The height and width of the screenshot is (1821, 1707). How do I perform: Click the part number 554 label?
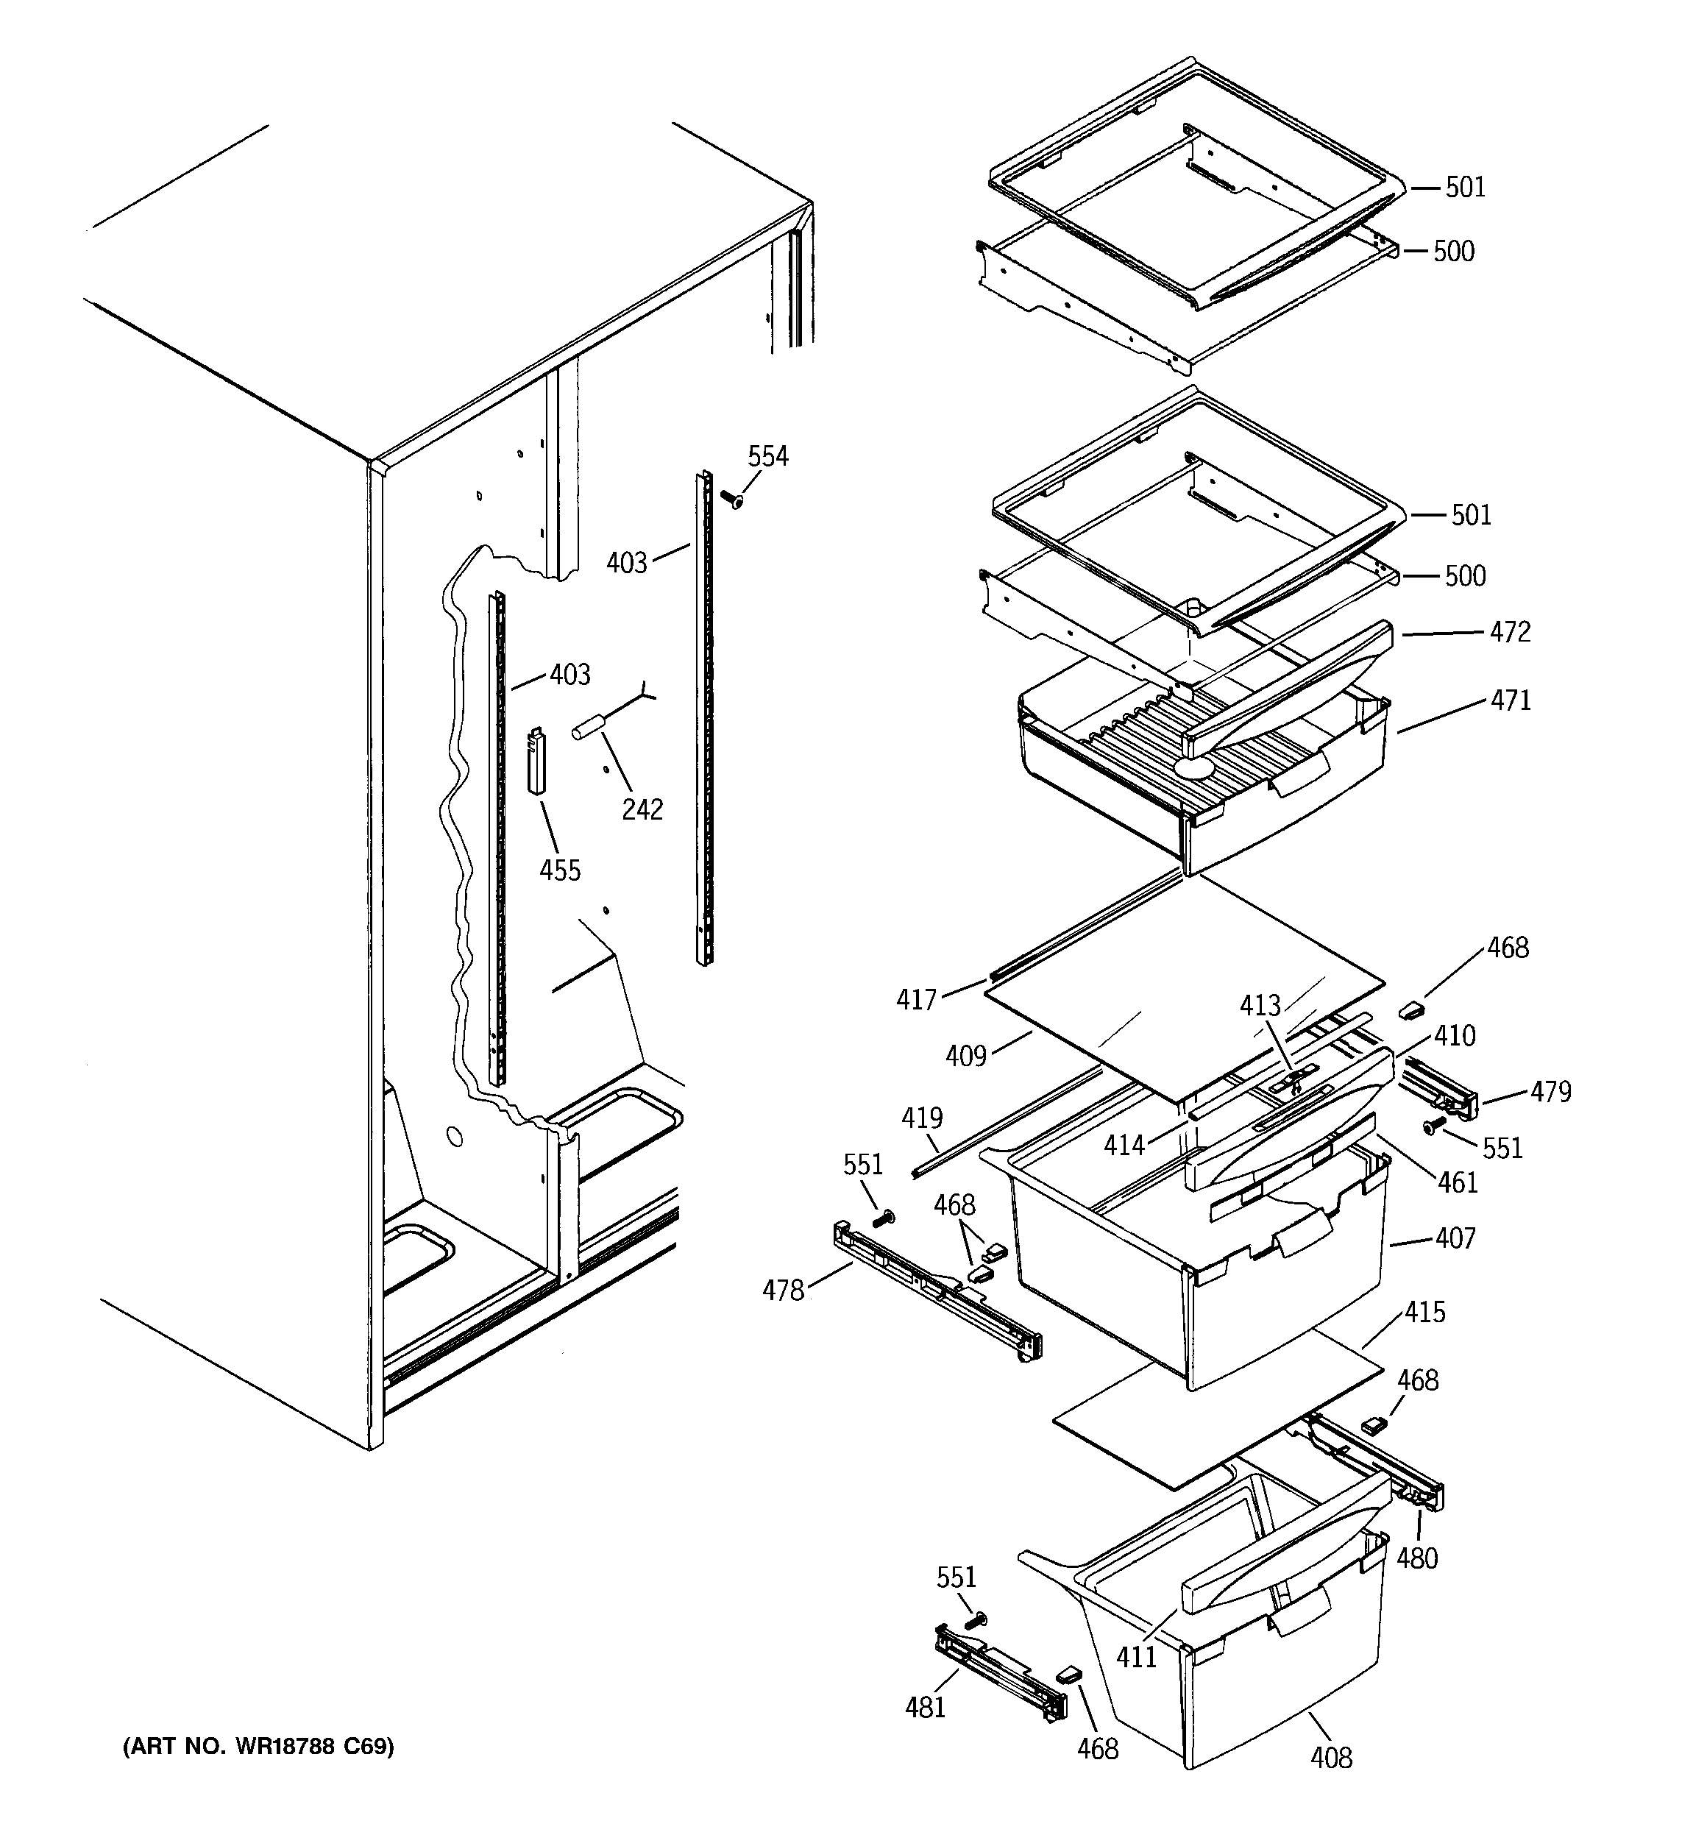(768, 456)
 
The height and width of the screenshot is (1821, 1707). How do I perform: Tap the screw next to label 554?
(733, 500)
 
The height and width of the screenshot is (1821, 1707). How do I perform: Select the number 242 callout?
(642, 810)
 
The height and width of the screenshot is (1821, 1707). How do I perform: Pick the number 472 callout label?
(1510, 632)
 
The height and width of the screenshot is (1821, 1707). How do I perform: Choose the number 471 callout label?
(1510, 700)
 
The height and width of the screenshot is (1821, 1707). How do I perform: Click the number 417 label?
(916, 999)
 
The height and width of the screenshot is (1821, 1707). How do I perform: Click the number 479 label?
(1550, 1092)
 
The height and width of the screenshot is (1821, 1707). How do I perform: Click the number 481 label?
(926, 1708)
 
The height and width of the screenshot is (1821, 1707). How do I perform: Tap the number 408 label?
(1331, 1758)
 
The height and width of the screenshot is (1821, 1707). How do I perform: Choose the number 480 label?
(1417, 1558)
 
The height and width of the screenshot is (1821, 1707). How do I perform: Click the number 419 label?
(922, 1118)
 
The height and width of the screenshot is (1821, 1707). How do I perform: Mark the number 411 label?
(1136, 1656)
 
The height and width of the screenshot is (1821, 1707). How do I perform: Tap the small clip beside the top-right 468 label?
(1410, 1009)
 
